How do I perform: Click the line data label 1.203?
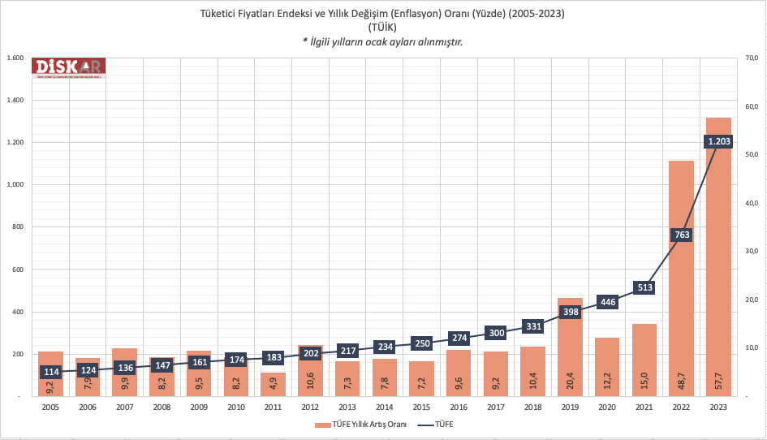pyautogui.click(x=718, y=141)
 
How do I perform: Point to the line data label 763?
pyautogui.click(x=682, y=235)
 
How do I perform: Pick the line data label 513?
pyautogui.click(x=644, y=287)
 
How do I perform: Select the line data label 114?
pyautogui.click(x=50, y=373)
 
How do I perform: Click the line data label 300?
pyautogui.click(x=496, y=332)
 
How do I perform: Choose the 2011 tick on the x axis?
pyautogui.click(x=273, y=408)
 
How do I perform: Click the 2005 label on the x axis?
pyautogui.click(x=50, y=408)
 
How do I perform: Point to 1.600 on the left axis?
pyautogui.click(x=14, y=58)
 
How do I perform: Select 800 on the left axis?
pyautogui.click(x=17, y=227)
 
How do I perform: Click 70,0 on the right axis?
pyautogui.click(x=750, y=58)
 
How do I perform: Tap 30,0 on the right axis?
pyautogui.click(x=750, y=252)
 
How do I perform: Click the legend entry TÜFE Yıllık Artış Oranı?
pyautogui.click(x=360, y=425)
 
